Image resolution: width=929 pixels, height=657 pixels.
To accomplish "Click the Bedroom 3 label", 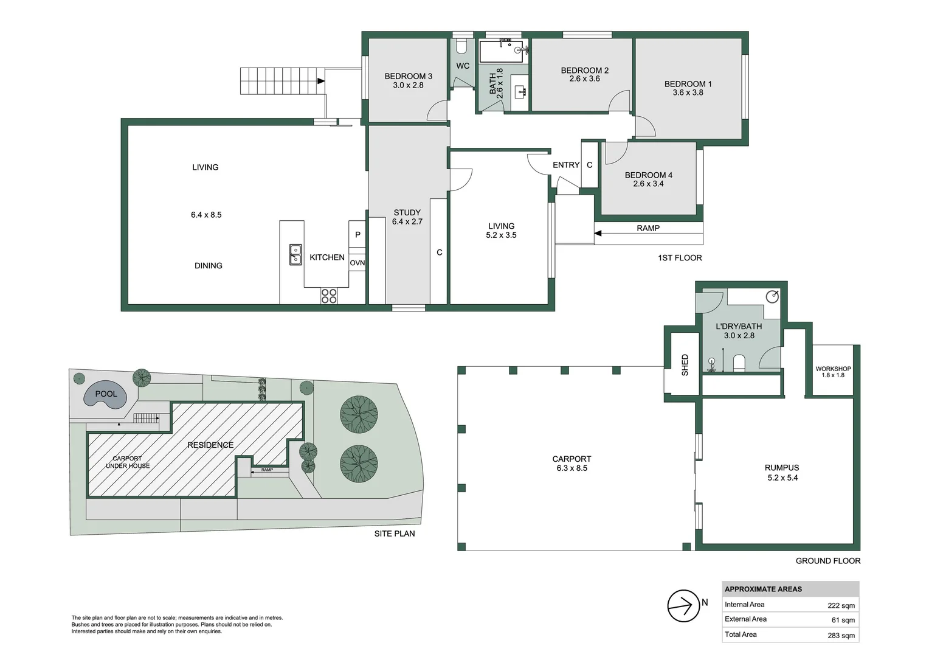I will (x=408, y=77).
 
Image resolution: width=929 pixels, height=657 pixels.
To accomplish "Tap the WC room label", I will (x=463, y=66).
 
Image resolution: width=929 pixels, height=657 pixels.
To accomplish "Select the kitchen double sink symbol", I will (x=295, y=254).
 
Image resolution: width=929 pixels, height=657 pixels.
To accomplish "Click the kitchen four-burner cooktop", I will (x=329, y=296).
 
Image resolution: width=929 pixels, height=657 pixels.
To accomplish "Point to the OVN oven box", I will (x=357, y=263).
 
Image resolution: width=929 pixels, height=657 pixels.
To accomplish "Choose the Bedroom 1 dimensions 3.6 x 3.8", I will (x=688, y=93).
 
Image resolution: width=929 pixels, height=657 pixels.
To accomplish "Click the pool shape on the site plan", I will (x=106, y=395).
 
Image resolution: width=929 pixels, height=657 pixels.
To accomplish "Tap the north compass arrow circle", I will (x=683, y=606).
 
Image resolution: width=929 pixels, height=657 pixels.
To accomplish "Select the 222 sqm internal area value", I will (x=841, y=605).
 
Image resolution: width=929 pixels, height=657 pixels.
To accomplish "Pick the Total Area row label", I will (x=741, y=634).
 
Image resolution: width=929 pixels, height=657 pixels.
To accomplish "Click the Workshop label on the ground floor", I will (x=833, y=369).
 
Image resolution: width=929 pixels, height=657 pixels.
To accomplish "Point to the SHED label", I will (x=685, y=365).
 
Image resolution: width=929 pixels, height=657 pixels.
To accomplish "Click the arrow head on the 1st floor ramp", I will (x=598, y=233).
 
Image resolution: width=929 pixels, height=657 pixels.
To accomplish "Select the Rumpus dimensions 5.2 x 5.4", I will (x=782, y=478).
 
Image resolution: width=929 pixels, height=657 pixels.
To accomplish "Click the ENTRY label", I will (x=565, y=165).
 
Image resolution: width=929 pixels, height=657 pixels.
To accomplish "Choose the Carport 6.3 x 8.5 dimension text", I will (x=572, y=468).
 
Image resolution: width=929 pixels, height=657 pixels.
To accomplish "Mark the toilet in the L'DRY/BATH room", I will (x=739, y=364).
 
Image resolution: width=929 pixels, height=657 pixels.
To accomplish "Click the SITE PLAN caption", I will (x=395, y=534).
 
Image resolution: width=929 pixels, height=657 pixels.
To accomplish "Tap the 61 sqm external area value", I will (x=843, y=620).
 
